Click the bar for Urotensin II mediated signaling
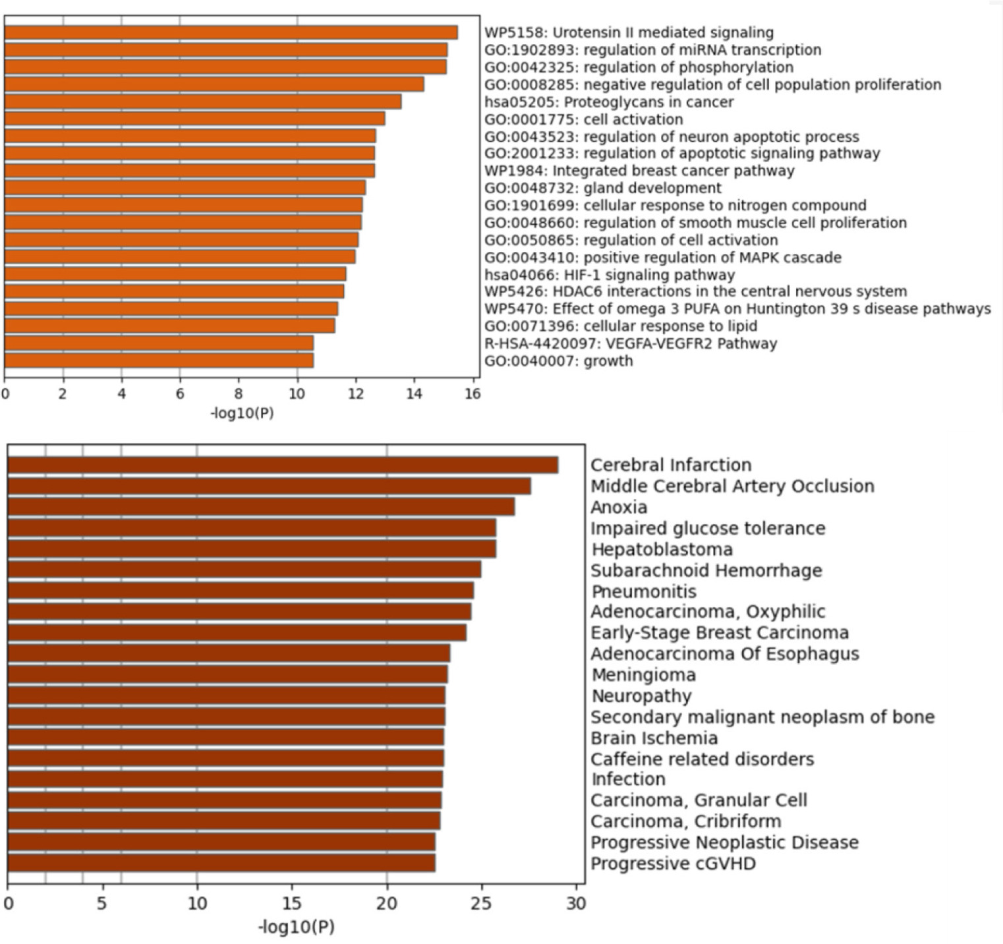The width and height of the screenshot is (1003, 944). [x=231, y=32]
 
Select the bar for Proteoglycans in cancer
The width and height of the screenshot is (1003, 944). [x=202, y=102]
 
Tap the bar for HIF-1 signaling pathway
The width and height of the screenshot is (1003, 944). [x=175, y=274]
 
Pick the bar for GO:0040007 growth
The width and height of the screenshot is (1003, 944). [x=159, y=361]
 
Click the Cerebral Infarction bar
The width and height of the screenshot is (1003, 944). [x=283, y=465]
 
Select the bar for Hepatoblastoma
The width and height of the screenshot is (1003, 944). [x=252, y=549]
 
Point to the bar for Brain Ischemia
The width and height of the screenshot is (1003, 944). [x=225, y=738]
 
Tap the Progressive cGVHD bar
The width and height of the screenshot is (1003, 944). [x=221, y=863]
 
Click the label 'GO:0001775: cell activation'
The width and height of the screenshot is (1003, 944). [x=584, y=119]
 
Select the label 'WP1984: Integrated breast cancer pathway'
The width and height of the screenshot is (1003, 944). [x=639, y=171]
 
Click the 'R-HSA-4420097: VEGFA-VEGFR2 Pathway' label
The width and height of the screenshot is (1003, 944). [x=631, y=343]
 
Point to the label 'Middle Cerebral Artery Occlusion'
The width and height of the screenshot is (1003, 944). [x=732, y=487]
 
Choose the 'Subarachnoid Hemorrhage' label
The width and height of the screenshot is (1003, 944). [x=706, y=570]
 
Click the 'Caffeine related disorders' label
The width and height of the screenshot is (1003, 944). [x=702, y=759]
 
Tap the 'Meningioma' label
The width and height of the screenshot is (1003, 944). [x=643, y=675]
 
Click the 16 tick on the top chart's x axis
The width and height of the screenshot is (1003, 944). [x=473, y=394]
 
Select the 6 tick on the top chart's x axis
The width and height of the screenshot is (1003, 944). [x=180, y=394]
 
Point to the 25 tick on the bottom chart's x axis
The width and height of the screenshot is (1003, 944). [x=482, y=902]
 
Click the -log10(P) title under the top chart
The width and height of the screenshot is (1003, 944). [x=242, y=414]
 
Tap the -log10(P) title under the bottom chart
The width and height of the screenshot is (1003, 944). [x=296, y=927]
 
